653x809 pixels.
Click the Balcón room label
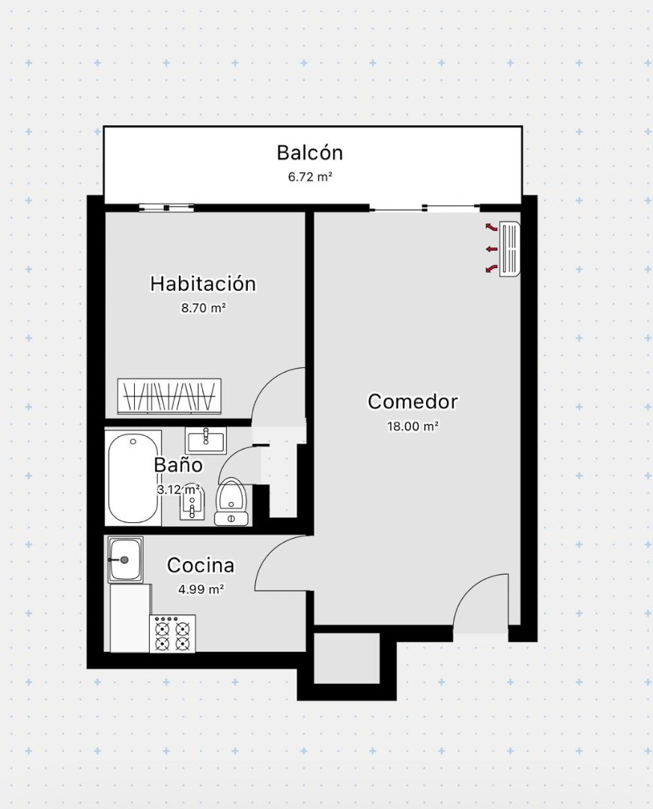coord(309,153)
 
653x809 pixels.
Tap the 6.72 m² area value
coord(309,177)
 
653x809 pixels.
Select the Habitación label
coord(203,284)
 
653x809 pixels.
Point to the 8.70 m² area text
coord(203,308)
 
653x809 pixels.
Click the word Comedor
coord(413,402)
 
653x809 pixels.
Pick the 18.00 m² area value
coord(413,427)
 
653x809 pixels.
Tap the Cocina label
coord(201,566)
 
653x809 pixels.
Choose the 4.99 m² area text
coord(201,590)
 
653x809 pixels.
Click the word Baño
coord(178,465)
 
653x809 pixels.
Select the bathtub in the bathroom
coord(133,478)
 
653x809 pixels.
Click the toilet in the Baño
coord(231,501)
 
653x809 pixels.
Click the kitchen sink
coord(125,560)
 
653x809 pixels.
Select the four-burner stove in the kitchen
coord(172,634)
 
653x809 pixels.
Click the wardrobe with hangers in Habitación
coord(169,396)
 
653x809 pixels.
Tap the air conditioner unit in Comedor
coord(510,249)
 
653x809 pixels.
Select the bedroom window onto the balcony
coord(166,208)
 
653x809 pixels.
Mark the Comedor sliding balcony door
coord(425,208)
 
